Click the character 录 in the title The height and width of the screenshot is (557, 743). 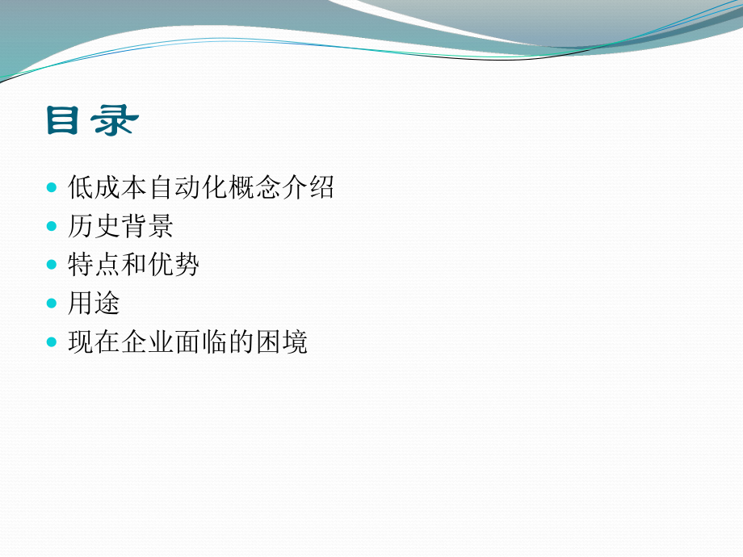pos(115,122)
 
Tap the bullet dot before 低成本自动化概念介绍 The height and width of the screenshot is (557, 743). pos(52,188)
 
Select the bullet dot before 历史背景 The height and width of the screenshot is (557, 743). pos(52,227)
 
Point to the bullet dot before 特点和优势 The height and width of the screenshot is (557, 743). pos(52,266)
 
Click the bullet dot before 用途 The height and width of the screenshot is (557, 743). pos(52,304)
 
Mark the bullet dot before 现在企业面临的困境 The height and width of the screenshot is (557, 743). pos(52,343)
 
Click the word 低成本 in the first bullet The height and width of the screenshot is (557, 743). pos(108,188)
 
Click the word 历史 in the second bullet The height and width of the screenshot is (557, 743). pos(94,227)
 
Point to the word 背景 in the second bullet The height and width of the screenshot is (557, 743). pos(148,227)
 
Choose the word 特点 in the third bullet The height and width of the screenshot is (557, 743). pos(94,266)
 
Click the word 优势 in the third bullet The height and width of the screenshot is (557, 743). pos(174,266)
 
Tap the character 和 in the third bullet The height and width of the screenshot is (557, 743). pos(135,266)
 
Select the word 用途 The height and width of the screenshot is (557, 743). pos(94,304)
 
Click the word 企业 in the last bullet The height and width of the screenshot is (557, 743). pos(148,343)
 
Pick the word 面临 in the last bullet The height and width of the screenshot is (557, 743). pos(201,343)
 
